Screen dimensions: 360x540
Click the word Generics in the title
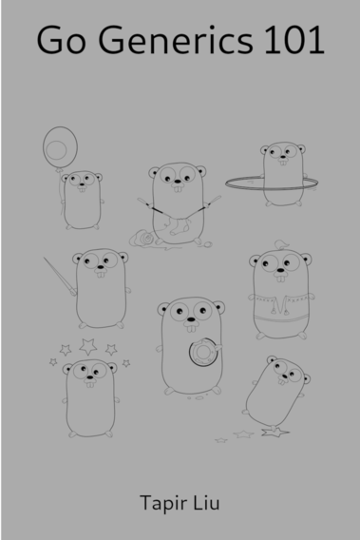click(x=176, y=40)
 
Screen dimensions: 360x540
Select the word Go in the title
click(x=61, y=40)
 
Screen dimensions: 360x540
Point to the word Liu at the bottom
click(x=206, y=503)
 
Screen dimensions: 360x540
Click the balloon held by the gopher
click(x=60, y=147)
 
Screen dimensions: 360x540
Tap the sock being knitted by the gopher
click(x=180, y=226)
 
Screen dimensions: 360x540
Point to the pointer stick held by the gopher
click(x=60, y=277)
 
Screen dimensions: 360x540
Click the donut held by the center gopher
click(x=203, y=352)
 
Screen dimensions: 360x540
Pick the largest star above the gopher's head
click(x=87, y=346)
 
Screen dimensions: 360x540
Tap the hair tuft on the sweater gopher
click(x=281, y=245)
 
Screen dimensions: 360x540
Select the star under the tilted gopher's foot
click(x=275, y=433)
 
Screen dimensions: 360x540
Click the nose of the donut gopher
click(x=191, y=319)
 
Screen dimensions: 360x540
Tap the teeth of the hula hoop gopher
click(x=283, y=163)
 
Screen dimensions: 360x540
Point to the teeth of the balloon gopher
click(x=82, y=189)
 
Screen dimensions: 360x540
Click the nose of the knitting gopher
click(x=178, y=182)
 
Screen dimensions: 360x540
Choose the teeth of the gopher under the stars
click(x=90, y=384)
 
